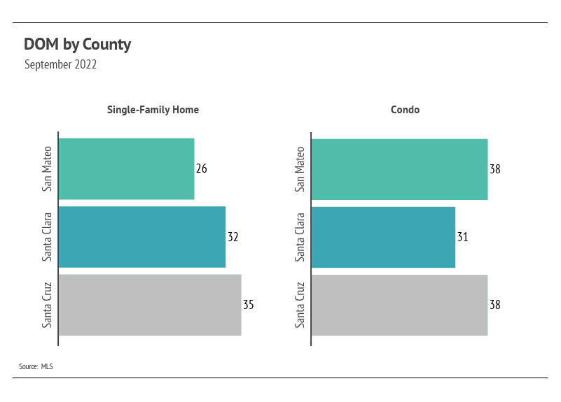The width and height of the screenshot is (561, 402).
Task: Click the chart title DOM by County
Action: click(x=77, y=45)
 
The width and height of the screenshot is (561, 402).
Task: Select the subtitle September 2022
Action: click(x=60, y=64)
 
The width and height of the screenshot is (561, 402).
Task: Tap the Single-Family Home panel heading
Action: click(x=153, y=110)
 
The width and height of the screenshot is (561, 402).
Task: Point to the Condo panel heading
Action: click(x=405, y=110)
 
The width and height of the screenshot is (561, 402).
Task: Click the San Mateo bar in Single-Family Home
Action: click(x=127, y=169)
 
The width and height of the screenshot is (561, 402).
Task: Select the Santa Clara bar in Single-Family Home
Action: click(x=142, y=237)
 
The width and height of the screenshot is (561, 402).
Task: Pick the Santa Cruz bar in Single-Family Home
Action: click(x=151, y=305)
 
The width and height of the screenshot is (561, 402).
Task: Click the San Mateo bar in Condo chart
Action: click(x=400, y=169)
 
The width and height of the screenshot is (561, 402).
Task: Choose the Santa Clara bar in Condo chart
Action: click(x=384, y=237)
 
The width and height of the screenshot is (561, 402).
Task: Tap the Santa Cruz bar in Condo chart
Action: click(x=400, y=305)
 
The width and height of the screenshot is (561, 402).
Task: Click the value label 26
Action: click(x=202, y=168)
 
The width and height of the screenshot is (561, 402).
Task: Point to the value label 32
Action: click(x=233, y=237)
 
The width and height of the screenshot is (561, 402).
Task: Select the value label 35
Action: click(x=249, y=305)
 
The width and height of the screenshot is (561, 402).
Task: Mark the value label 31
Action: click(x=463, y=237)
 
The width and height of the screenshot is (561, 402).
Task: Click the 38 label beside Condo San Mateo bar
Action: click(x=495, y=169)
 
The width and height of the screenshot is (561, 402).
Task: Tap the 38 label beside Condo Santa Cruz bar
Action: click(x=495, y=305)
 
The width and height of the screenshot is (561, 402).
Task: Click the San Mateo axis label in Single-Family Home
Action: click(x=47, y=169)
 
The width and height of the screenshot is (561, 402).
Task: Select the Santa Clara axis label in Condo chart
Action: click(x=300, y=237)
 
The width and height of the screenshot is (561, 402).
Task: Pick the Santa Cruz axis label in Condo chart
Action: click(x=300, y=305)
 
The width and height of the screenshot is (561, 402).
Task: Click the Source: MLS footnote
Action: click(x=36, y=366)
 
